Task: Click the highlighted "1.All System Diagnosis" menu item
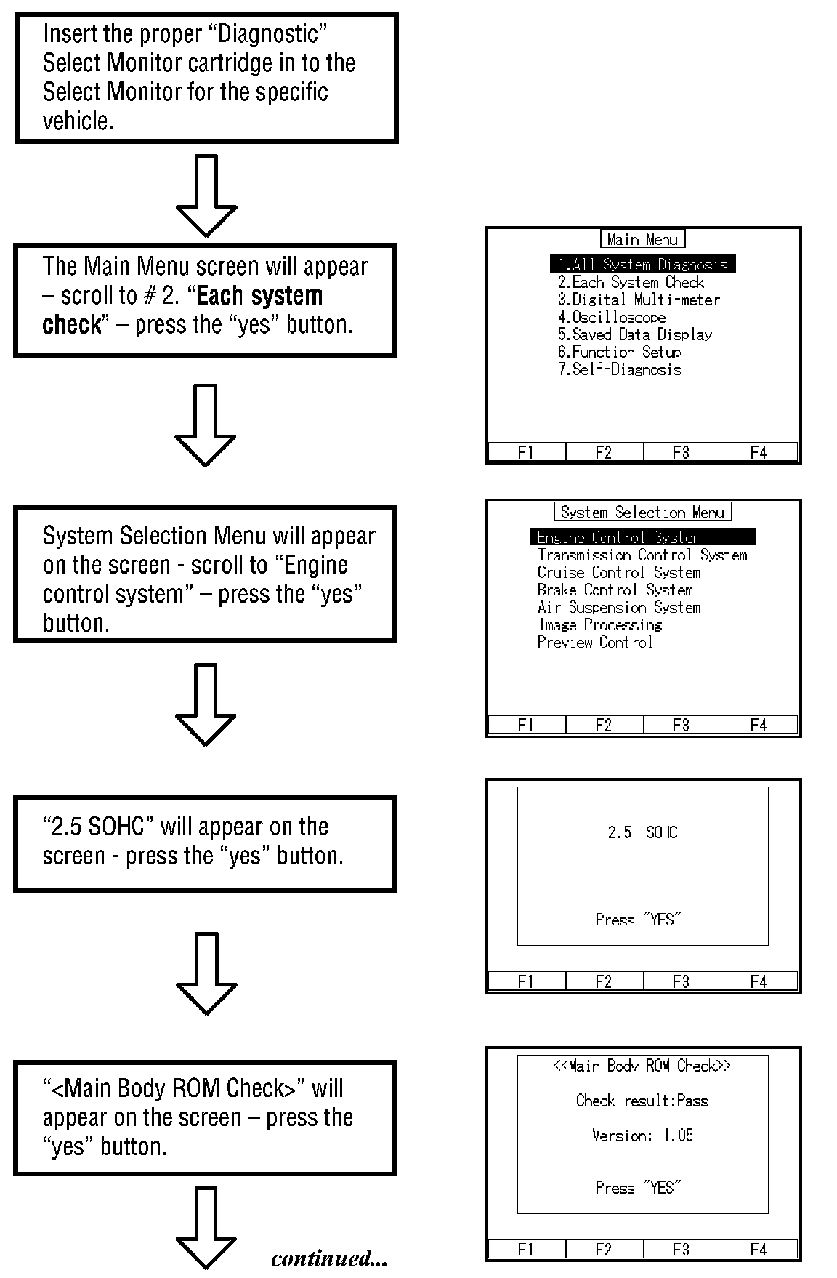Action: (x=643, y=265)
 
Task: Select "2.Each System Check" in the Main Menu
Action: (x=631, y=282)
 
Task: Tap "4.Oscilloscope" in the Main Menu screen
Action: (x=612, y=317)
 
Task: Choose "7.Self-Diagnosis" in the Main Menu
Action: (x=619, y=369)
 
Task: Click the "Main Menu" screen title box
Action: (x=643, y=239)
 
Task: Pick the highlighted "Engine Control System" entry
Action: (x=643, y=537)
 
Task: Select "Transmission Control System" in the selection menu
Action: (x=642, y=555)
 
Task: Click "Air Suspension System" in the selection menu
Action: (x=619, y=607)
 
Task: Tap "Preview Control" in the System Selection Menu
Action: (x=595, y=642)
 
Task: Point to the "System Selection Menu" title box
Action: (x=643, y=512)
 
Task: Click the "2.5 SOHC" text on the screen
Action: (x=643, y=832)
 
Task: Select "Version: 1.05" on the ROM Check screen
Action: (x=643, y=1135)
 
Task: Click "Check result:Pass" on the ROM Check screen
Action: (x=642, y=1100)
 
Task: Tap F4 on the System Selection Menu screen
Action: (x=759, y=725)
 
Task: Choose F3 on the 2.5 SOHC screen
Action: (x=681, y=981)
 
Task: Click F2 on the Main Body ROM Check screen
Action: (x=604, y=1249)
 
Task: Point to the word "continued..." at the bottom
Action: (x=329, y=1258)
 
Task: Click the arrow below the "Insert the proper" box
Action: (x=206, y=195)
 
